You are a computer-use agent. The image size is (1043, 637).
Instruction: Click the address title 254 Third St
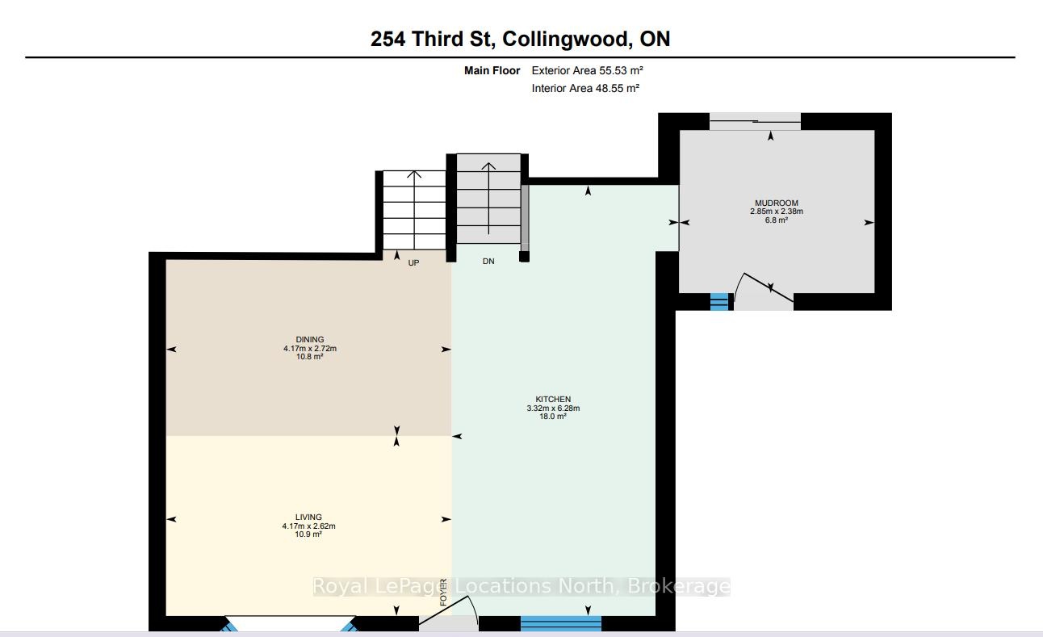coord(431,39)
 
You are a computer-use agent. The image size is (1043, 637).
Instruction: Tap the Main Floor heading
coord(492,71)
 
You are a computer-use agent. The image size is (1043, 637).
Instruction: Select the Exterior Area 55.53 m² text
coord(587,70)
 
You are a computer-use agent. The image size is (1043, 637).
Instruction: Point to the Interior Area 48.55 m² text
coord(585,88)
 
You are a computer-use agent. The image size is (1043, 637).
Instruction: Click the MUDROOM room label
coord(777,203)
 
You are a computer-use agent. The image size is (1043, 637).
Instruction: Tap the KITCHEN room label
coord(553,399)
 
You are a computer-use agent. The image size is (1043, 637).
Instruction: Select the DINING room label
coord(310,339)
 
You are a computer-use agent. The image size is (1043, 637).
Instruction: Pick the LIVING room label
coord(308,517)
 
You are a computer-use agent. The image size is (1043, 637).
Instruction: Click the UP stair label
coord(413,263)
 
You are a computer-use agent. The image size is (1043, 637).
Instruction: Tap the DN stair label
coord(488,262)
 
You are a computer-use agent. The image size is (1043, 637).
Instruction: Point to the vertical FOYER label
coord(443,593)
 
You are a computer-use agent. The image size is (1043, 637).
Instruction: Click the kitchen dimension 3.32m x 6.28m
coord(553,408)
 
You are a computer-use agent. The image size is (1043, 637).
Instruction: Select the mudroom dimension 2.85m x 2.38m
coord(777,211)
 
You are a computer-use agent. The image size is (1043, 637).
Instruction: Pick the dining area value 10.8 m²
coord(310,357)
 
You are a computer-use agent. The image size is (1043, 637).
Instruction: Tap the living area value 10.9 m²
coord(308,534)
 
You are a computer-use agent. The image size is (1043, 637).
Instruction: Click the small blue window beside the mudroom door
coord(719,301)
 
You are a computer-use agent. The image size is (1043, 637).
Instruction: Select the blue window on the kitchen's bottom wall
coord(560,623)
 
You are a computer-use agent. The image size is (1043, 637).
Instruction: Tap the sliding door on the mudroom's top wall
coord(755,122)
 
